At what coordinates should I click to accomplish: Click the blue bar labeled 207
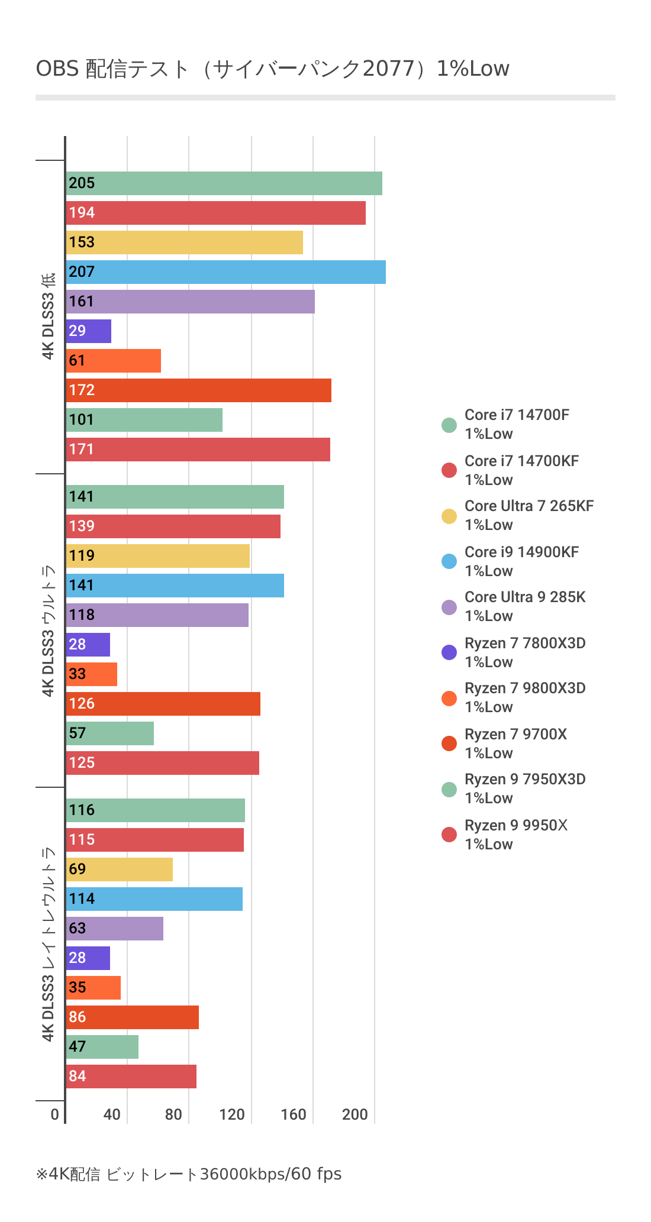tap(225, 272)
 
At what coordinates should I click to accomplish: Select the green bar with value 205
tap(224, 183)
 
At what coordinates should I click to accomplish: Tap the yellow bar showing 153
tap(184, 243)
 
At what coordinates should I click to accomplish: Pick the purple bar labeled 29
tap(89, 331)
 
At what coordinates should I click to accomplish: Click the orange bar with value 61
tap(113, 361)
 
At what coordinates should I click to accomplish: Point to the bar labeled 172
tap(198, 390)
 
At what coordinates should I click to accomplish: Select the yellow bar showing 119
tap(157, 556)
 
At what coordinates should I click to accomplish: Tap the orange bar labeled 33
tap(92, 674)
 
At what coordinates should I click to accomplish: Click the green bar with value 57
tap(109, 733)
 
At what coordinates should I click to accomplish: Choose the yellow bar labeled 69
tap(119, 869)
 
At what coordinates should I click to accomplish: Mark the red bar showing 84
tap(131, 1076)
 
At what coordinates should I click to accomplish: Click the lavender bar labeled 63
tap(114, 929)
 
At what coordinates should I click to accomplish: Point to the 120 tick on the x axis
tap(232, 1115)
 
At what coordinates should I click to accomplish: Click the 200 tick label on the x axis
tap(355, 1115)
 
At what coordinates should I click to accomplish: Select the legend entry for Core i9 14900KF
tap(521, 561)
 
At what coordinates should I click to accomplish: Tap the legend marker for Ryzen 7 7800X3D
tap(449, 652)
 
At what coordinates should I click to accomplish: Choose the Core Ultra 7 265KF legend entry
tap(528, 515)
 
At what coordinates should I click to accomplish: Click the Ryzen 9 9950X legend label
tap(515, 835)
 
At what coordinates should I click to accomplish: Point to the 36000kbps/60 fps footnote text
tap(271, 1174)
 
